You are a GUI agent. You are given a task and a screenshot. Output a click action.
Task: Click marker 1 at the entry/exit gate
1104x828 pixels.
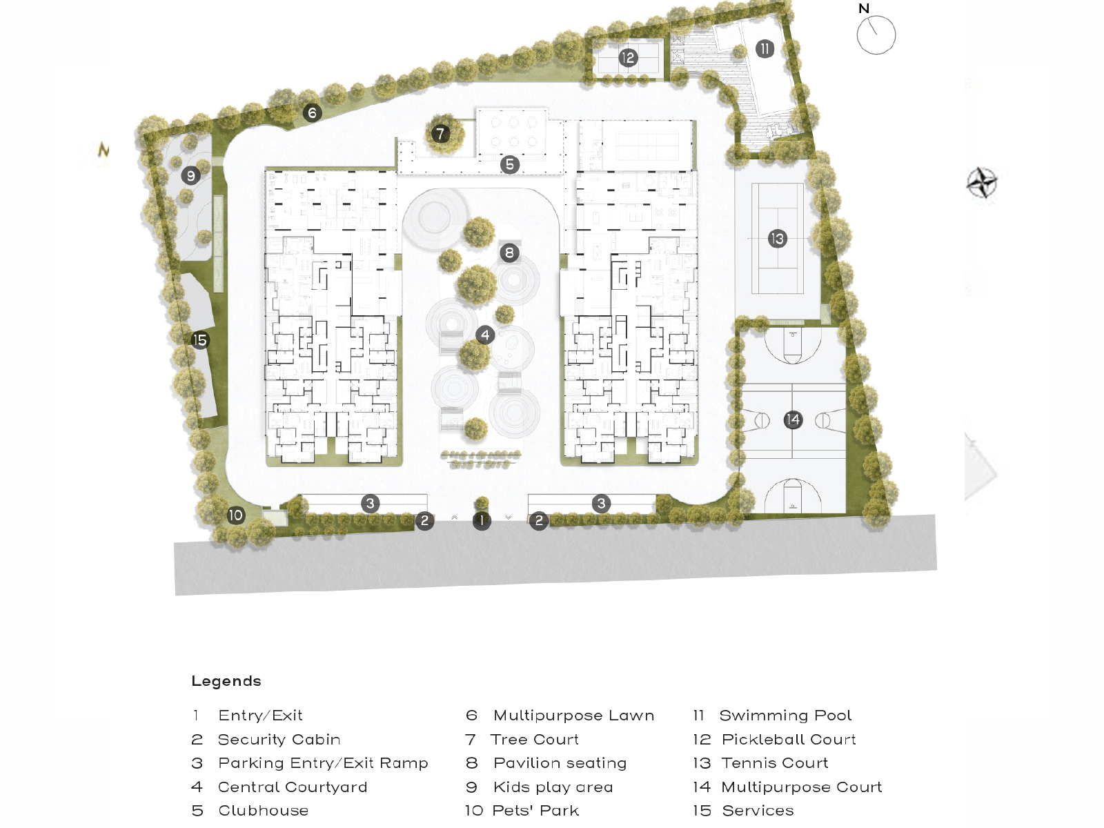[482, 521]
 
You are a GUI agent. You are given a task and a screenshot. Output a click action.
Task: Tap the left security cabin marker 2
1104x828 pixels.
[425, 521]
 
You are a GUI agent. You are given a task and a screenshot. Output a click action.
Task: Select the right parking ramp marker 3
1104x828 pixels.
[601, 504]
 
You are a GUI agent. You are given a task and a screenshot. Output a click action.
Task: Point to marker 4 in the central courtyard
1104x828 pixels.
[485, 335]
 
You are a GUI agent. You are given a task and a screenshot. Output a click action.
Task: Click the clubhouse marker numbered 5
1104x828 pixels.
[510, 164]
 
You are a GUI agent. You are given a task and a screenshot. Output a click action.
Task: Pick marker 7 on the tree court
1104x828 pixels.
[440, 133]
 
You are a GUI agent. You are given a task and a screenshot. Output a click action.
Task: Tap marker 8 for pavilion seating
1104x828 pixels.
[509, 253]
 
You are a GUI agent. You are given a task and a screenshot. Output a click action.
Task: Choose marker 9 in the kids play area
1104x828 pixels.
[191, 176]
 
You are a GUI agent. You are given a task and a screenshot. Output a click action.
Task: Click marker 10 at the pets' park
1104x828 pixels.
[236, 515]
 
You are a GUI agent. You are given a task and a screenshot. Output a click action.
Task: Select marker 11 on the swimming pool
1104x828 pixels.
[765, 49]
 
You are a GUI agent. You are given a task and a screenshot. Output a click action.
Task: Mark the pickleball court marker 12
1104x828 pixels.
[627, 58]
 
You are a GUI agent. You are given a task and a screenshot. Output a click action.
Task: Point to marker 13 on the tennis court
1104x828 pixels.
[777, 239]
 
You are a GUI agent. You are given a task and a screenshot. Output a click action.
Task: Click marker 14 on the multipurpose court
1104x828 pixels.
[793, 420]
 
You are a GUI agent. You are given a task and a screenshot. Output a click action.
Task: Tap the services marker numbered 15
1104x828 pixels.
[200, 339]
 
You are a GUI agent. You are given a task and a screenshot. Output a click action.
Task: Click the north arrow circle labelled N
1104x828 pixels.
[876, 35]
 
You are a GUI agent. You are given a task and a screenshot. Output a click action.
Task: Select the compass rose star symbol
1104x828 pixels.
[982, 183]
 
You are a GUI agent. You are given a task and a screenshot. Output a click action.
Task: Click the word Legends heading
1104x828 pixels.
[226, 681]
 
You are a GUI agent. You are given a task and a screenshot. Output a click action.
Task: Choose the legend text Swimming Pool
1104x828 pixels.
[785, 716]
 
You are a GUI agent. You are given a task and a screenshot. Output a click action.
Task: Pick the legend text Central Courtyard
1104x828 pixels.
[293, 787]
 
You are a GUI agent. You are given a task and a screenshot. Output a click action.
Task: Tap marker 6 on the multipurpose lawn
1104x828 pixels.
[313, 113]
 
